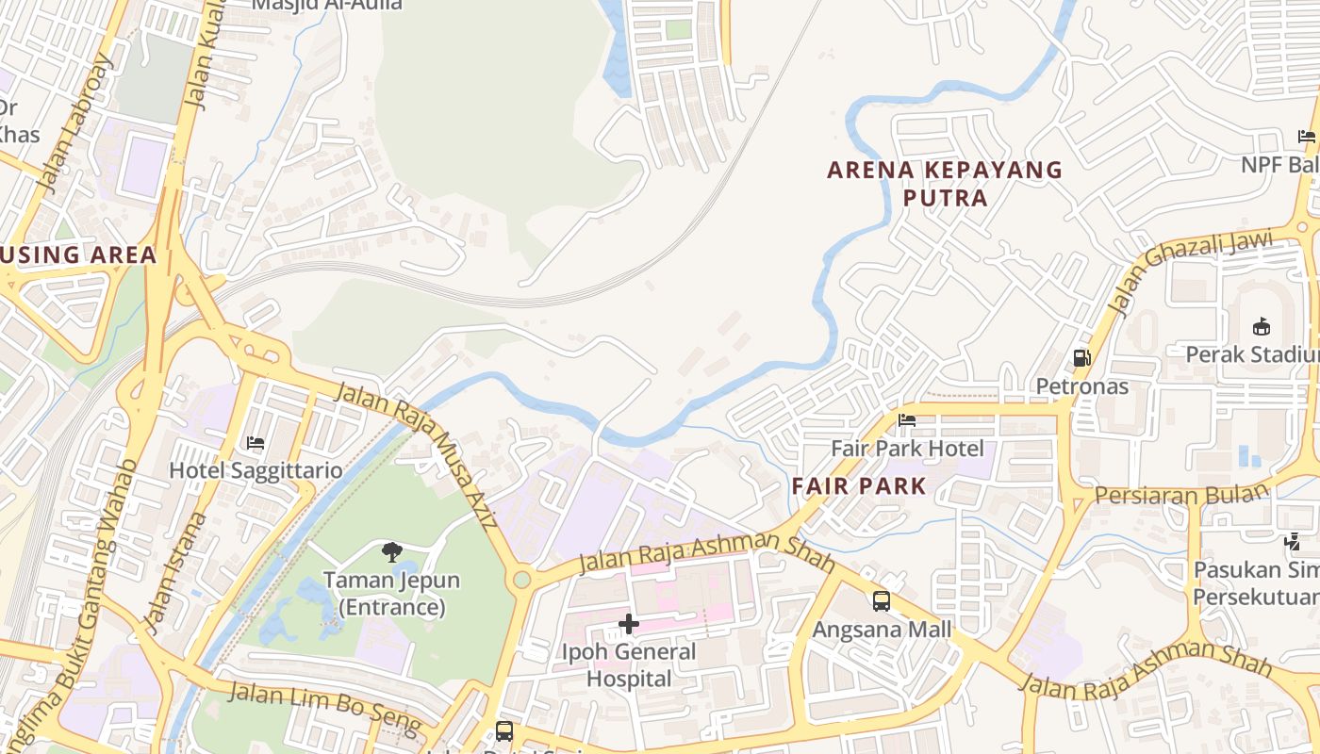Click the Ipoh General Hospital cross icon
[628, 624]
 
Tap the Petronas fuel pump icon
[1081, 358]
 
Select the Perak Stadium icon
[1261, 326]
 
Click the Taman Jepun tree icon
[391, 551]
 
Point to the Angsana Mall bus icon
[881, 600]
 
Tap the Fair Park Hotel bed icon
[907, 420]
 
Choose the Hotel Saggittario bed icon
[255, 442]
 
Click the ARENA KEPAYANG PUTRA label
[945, 184]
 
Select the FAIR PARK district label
[859, 486]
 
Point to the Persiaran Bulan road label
[1182, 495]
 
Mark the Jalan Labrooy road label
[76, 123]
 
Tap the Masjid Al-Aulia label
[326, 5]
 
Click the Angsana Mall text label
[882, 629]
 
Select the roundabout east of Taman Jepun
[520, 580]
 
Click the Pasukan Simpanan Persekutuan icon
[1292, 542]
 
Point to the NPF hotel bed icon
[1306, 137]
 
